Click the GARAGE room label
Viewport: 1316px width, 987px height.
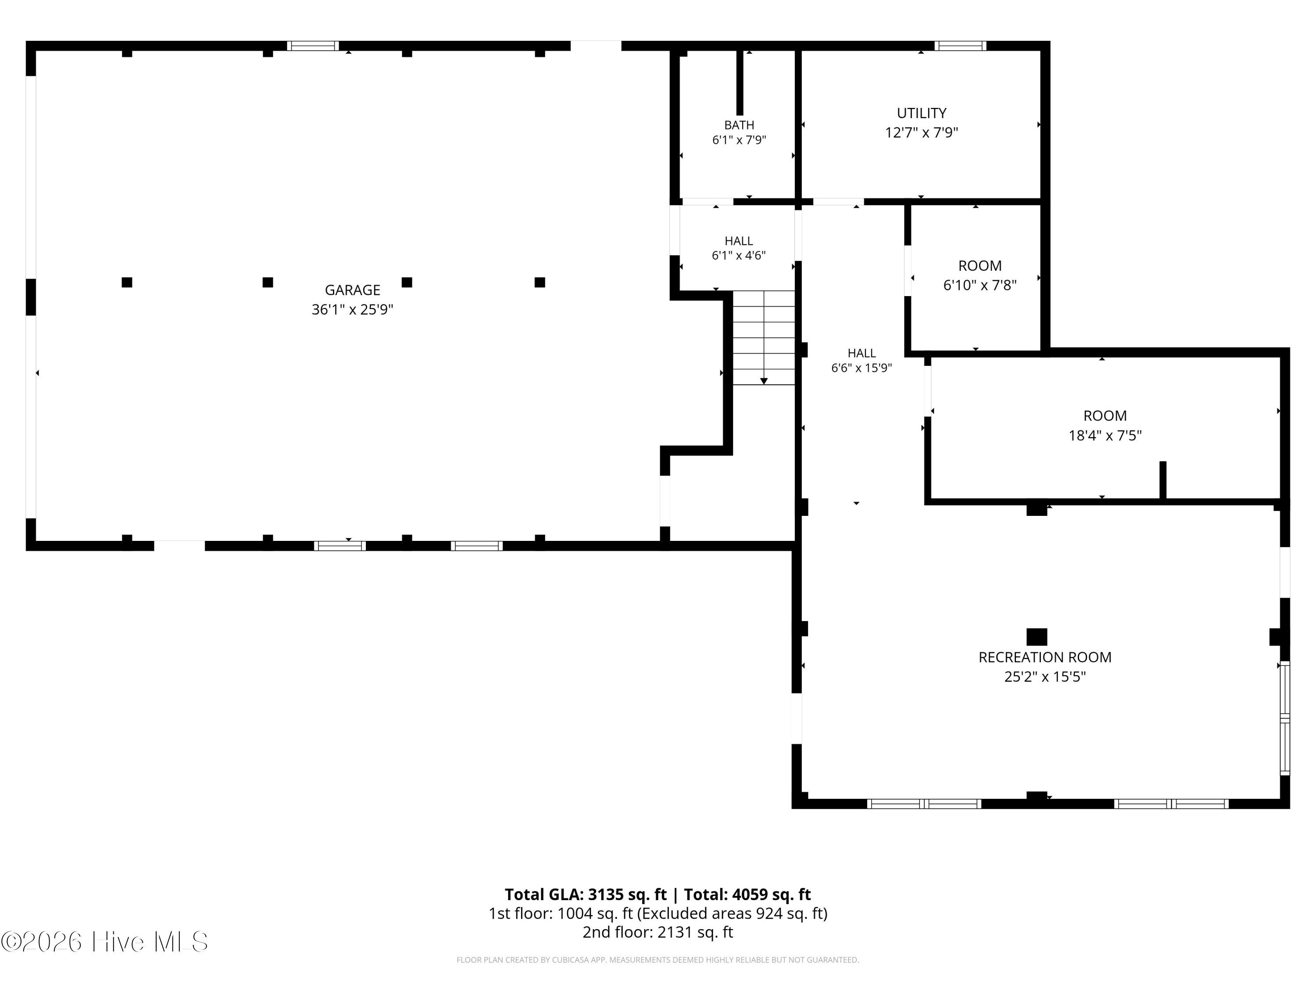coord(352,290)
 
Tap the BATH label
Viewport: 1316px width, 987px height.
coord(739,125)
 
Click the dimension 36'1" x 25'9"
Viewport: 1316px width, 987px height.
coord(352,309)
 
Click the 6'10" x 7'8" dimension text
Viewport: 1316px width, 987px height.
coord(979,285)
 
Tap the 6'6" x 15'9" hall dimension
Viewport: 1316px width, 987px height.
coord(862,368)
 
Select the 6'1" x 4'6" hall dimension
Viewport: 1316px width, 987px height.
coord(738,255)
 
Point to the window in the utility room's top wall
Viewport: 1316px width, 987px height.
coord(960,46)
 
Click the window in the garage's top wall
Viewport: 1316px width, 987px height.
coord(313,46)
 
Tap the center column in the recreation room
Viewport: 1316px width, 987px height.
coord(1037,637)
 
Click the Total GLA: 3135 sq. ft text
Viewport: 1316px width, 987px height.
coord(586,894)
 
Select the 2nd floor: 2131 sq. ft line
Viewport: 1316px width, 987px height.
coord(658,932)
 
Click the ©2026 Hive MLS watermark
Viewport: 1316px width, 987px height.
coord(105,941)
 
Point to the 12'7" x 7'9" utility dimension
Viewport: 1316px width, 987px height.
coord(922,132)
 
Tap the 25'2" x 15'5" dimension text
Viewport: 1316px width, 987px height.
coord(1045,676)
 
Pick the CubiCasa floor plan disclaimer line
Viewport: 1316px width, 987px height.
coord(658,960)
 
